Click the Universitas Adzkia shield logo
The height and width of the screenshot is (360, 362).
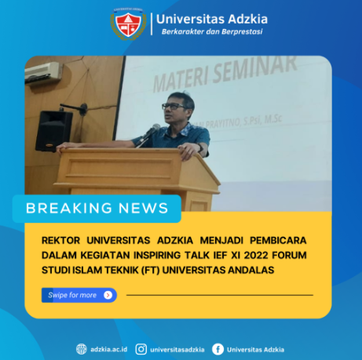128,24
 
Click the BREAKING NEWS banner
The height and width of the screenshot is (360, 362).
97,208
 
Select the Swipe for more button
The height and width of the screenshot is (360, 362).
79,295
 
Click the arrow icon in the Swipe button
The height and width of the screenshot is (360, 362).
108,295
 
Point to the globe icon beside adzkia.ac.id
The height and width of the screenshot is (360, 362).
82,349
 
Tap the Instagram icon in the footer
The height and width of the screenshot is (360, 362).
141,349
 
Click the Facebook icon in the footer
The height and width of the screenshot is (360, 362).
218,349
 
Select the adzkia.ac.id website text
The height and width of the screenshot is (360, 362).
110,349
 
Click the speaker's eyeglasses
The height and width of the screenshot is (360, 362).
173,106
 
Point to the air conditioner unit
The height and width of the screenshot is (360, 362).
42,72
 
